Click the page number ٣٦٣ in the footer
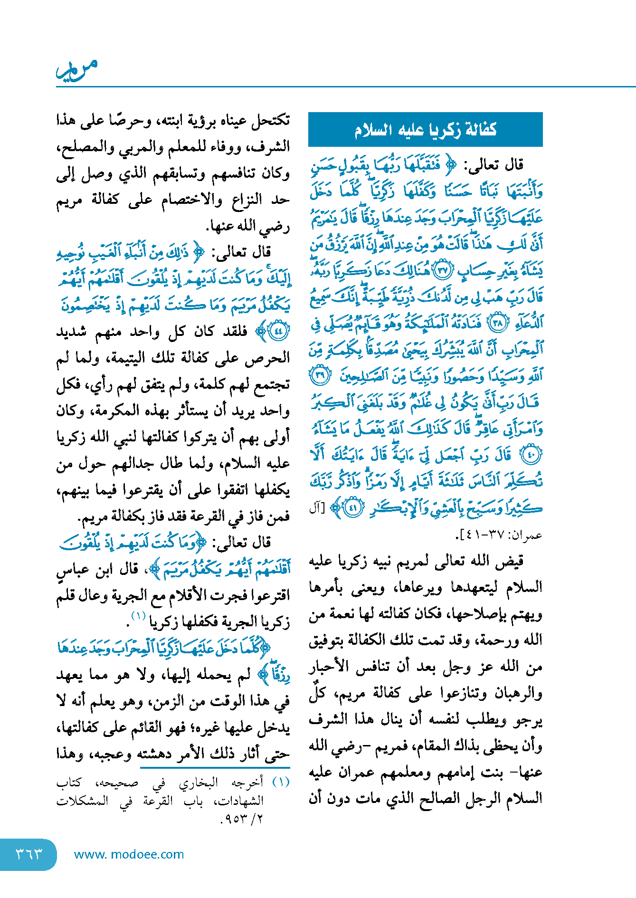29,854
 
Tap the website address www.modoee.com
129,854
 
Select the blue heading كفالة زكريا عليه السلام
425,130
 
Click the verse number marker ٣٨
498,323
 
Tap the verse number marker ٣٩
320,376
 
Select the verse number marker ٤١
353,508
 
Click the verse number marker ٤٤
278,331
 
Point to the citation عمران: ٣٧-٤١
499,535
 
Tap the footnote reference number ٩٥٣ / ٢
242,819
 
